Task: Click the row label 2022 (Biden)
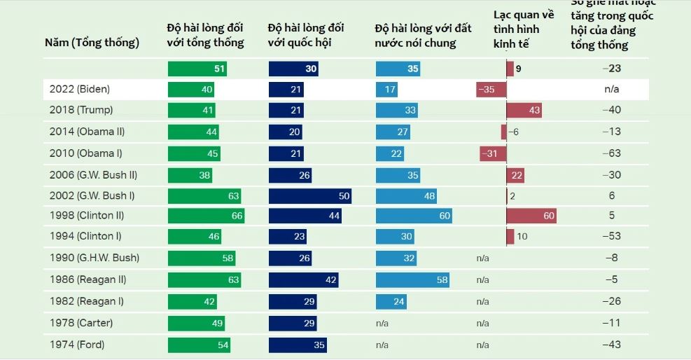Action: [80, 89]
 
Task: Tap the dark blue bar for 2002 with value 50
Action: [309, 196]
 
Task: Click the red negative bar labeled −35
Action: [491, 89]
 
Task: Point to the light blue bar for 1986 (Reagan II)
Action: [412, 279]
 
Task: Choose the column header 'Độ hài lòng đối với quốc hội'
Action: [306, 35]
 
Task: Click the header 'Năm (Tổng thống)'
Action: [92, 43]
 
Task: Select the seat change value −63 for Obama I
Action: [612, 153]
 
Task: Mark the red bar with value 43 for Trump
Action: [524, 110]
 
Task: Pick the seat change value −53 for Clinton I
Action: [612, 236]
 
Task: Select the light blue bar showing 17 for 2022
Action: [387, 89]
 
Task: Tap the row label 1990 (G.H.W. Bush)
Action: [94, 258]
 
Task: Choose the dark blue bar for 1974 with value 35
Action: [297, 345]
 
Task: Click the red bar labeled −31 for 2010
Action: [493, 153]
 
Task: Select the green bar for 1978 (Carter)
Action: [196, 323]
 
